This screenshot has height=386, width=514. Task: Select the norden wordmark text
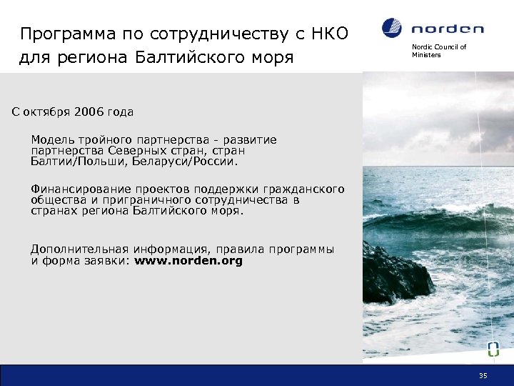[447, 29]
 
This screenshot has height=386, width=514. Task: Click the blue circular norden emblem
[392, 28]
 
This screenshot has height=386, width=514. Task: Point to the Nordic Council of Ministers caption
[438, 51]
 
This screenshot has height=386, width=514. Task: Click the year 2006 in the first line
[89, 112]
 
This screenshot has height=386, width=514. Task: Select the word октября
[46, 112]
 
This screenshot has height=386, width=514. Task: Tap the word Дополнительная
[79, 249]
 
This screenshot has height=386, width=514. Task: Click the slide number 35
[483, 375]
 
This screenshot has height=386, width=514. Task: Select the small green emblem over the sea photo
[493, 349]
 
